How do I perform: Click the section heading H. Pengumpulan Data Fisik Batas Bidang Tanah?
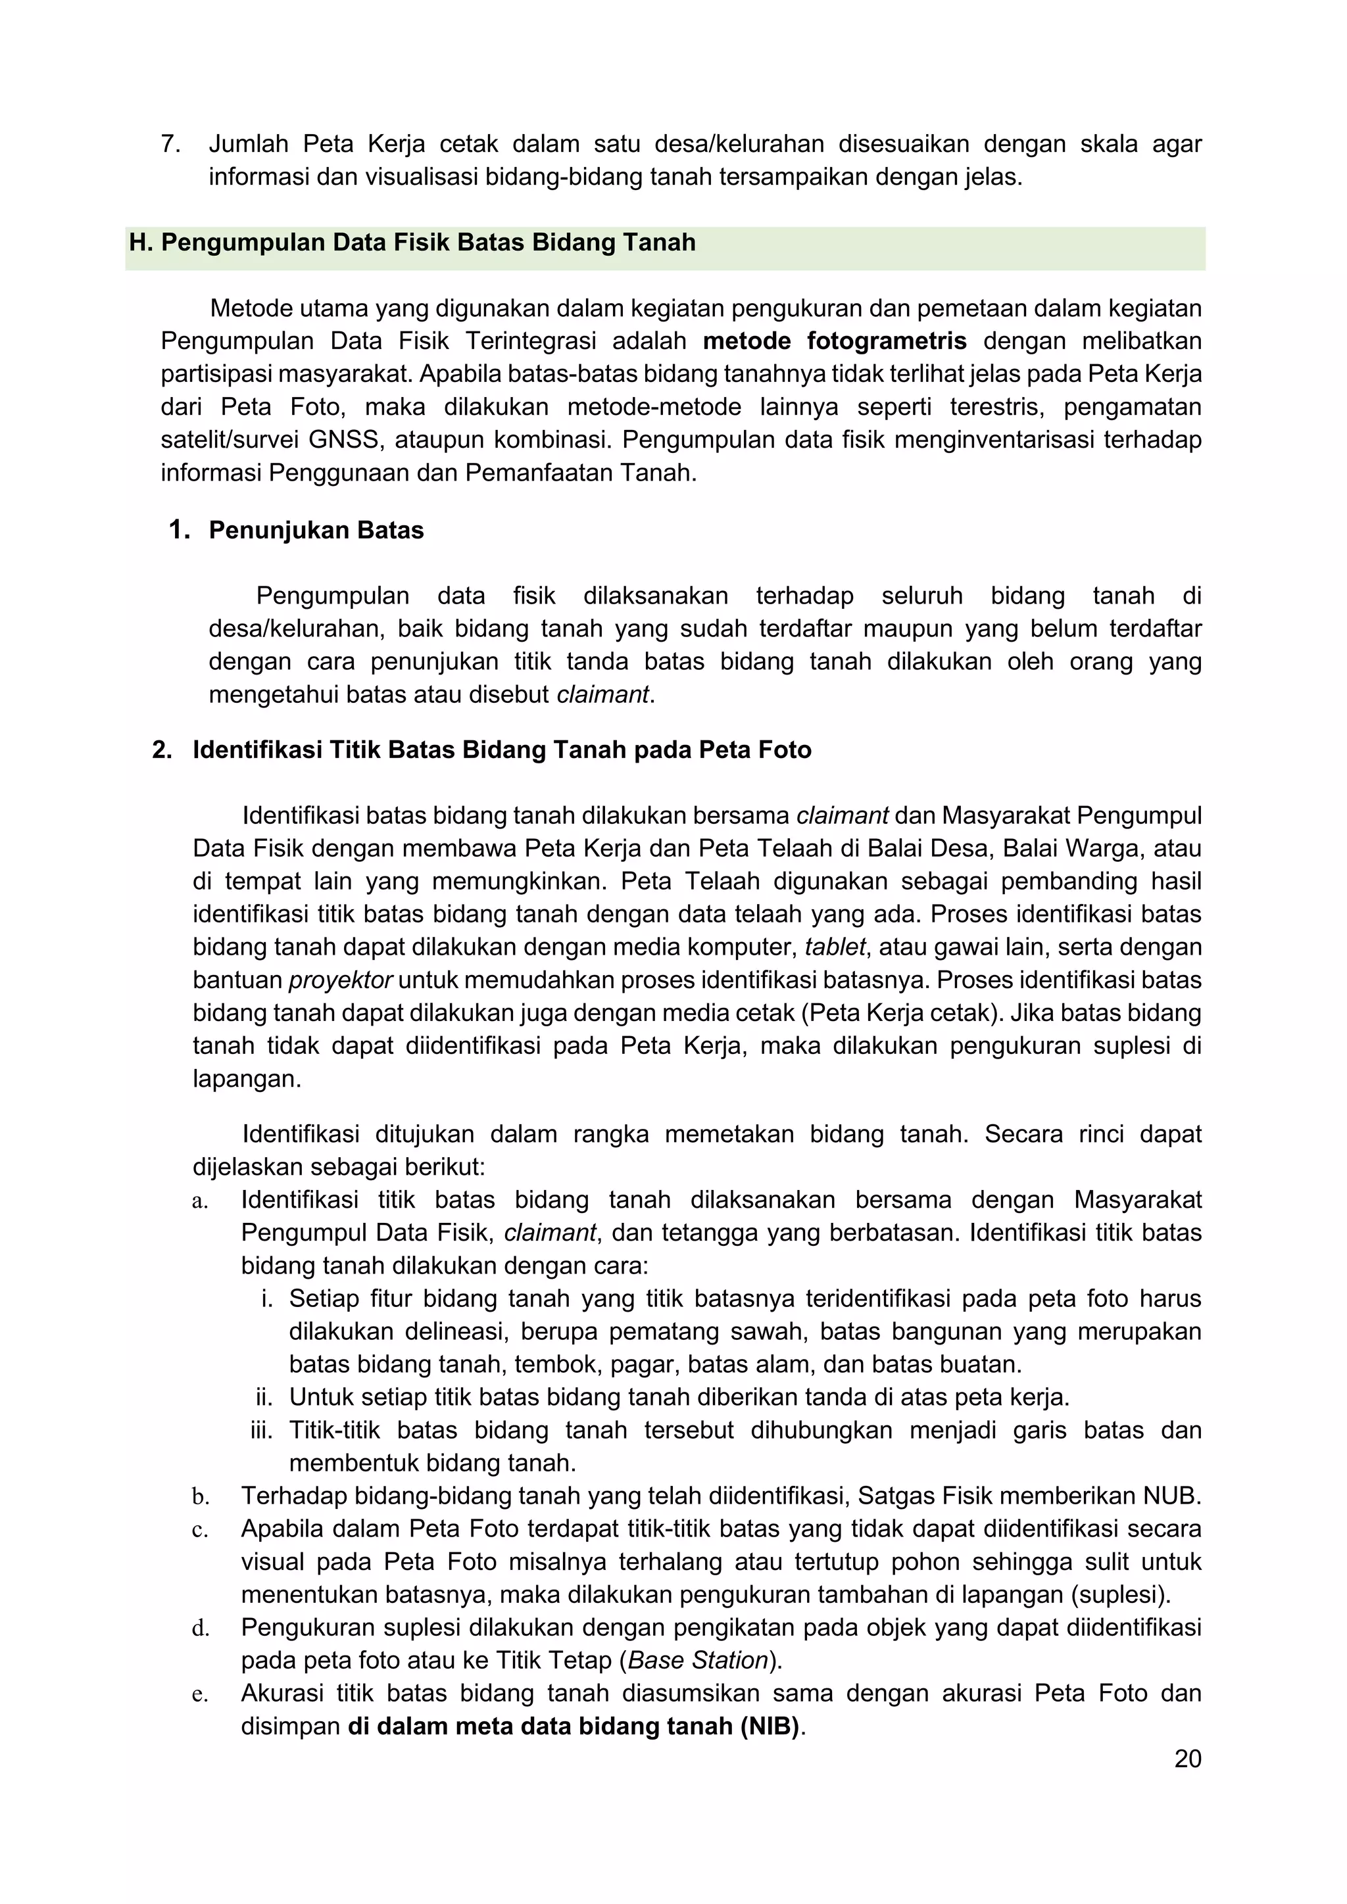pyautogui.click(x=412, y=243)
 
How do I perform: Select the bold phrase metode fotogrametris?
pyautogui.click(x=835, y=341)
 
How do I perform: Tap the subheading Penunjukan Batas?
pyautogui.click(x=316, y=531)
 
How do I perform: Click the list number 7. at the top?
pyautogui.click(x=171, y=144)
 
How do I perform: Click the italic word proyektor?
pyautogui.click(x=340, y=980)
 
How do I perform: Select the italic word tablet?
pyautogui.click(x=835, y=947)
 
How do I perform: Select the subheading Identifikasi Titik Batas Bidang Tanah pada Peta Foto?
pyautogui.click(x=502, y=750)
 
